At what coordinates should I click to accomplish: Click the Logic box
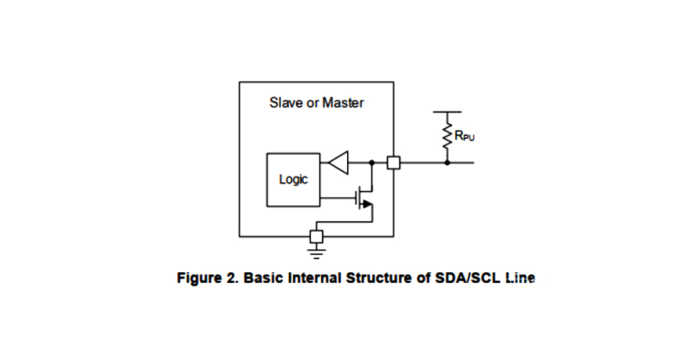293,179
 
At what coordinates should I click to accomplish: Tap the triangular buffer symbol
338,163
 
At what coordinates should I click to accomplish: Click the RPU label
464,135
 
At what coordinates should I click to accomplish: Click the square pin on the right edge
393,163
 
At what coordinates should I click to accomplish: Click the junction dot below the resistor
447,163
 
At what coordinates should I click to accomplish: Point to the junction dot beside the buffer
372,163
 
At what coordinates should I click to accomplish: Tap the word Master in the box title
343,102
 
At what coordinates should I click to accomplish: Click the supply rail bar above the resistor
447,112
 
